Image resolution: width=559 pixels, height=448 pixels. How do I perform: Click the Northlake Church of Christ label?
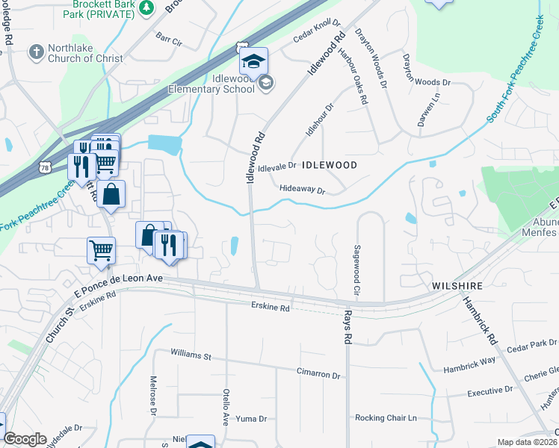point(85,58)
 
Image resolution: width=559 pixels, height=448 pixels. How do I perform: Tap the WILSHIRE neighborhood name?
point(457,286)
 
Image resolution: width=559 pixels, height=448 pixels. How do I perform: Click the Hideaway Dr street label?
point(302,190)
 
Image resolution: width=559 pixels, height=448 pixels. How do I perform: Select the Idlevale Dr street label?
point(277,168)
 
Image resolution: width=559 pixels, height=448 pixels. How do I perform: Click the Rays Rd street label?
point(348,327)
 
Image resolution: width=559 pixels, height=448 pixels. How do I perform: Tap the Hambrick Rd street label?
point(479,321)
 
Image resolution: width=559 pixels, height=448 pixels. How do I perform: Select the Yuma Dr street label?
point(251,419)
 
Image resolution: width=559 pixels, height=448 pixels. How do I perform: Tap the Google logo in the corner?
point(25,439)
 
